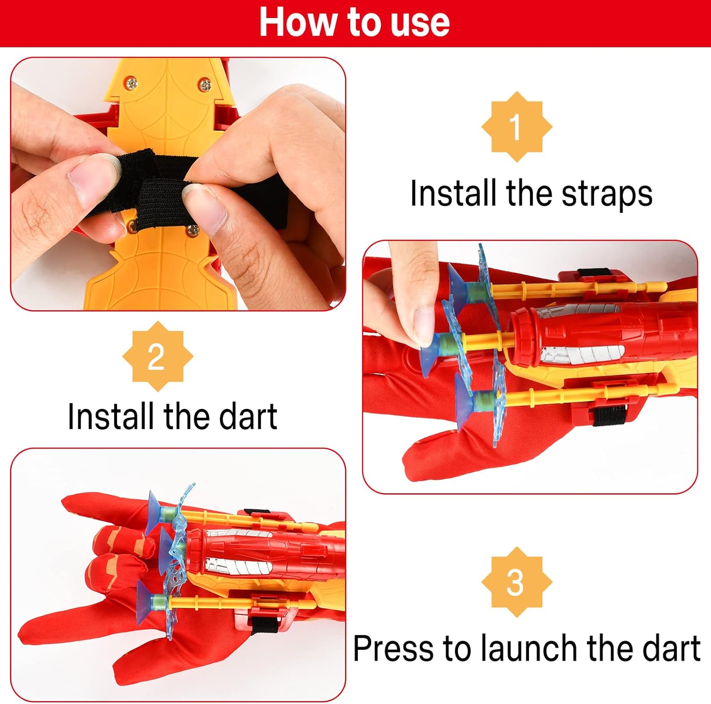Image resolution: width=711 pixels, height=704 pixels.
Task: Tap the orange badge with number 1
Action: coord(517,127)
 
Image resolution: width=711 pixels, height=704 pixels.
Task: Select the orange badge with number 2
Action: coord(157,356)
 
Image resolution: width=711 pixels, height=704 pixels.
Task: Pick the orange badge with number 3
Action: coord(517,582)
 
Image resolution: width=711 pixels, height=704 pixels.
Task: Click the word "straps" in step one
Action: coord(607,194)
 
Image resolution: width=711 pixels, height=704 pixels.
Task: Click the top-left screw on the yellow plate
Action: coord(132,84)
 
